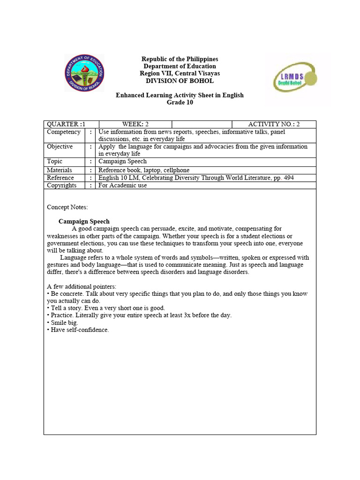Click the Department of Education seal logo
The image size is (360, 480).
pyautogui.click(x=84, y=73)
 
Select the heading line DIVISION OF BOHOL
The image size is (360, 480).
pyautogui.click(x=180, y=81)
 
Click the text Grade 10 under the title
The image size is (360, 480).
pyautogui.click(x=180, y=102)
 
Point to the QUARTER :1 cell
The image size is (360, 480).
pyautogui.click(x=66, y=124)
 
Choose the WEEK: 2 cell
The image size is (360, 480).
pyautogui.click(x=135, y=124)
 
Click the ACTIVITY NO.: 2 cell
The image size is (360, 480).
pyautogui.click(x=274, y=124)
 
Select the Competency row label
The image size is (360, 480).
pyautogui.click(x=64, y=132)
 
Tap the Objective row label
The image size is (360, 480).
pyautogui.click(x=60, y=147)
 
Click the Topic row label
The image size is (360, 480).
pyautogui.click(x=55, y=161)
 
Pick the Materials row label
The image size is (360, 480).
pyautogui.click(x=60, y=170)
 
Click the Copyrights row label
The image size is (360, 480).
pyautogui.click(x=62, y=185)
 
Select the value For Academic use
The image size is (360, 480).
pyautogui.click(x=122, y=185)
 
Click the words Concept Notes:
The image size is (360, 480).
pyautogui.click(x=67, y=207)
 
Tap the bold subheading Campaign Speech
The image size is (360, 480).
pyautogui.click(x=84, y=221)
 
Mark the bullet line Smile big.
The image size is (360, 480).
pyautogui.click(x=63, y=322)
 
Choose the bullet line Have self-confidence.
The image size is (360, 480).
pyautogui.click(x=78, y=330)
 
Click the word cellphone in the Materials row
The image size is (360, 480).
pyautogui.click(x=176, y=170)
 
